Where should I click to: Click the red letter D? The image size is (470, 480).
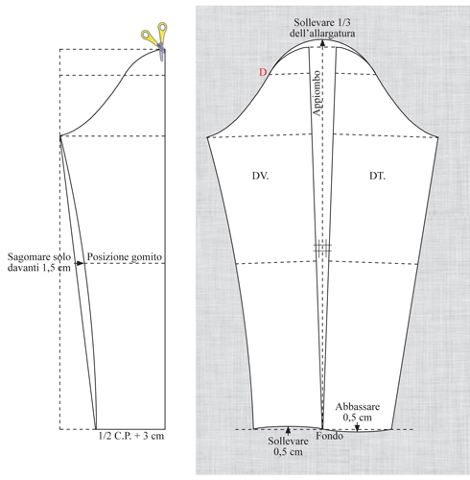pos(263,72)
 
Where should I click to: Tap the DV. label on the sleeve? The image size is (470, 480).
pos(260,176)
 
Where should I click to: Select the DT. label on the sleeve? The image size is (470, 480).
pos(377,176)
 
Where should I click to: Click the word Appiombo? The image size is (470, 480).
pos(317,93)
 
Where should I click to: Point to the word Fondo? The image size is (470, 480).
pos(330,436)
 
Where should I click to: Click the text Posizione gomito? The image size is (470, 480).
pos(125,257)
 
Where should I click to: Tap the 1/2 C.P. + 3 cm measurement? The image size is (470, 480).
pos(131,436)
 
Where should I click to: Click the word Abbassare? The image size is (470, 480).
pos(358,407)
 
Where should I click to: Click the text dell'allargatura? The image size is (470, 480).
pos(322,34)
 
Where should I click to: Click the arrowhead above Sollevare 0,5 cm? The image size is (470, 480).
pos(289,430)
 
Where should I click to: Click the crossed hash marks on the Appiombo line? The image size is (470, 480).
pos(322,248)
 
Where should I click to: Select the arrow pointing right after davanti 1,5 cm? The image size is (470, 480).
pos(79,263)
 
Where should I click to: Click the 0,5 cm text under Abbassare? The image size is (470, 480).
pos(358,418)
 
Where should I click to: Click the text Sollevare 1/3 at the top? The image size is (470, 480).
pos(322,23)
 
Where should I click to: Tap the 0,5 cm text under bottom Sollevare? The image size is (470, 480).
pos(288,451)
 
